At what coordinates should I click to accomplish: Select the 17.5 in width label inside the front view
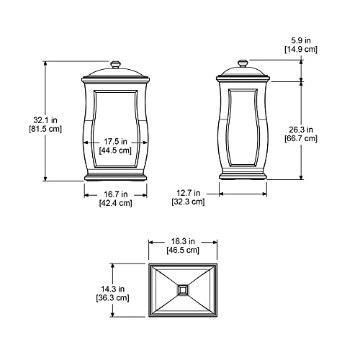(114, 141)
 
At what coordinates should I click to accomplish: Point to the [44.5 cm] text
(114, 150)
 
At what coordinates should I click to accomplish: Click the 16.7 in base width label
(114, 194)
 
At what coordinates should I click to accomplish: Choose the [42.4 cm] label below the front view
(114, 203)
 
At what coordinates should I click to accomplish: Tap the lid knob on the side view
(243, 63)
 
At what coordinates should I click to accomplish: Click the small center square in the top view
(182, 290)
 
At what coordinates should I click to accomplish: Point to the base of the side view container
(243, 176)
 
